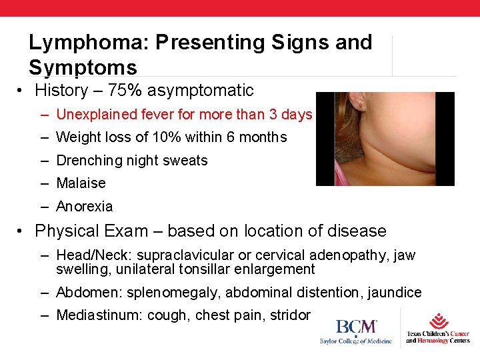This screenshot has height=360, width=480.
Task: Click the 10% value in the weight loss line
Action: click(x=155, y=137)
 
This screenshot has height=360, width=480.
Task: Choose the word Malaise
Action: click(x=81, y=183)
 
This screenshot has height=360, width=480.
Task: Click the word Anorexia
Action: click(x=84, y=207)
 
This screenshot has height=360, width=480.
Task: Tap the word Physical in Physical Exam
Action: click(x=67, y=231)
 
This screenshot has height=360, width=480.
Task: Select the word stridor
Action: click(x=289, y=315)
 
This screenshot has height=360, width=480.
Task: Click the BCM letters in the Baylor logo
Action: click(x=356, y=327)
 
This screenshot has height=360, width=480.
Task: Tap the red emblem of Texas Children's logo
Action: click(x=439, y=321)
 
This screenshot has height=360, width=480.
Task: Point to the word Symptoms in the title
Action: click(x=83, y=67)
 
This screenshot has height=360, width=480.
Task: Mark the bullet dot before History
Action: click(x=22, y=91)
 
